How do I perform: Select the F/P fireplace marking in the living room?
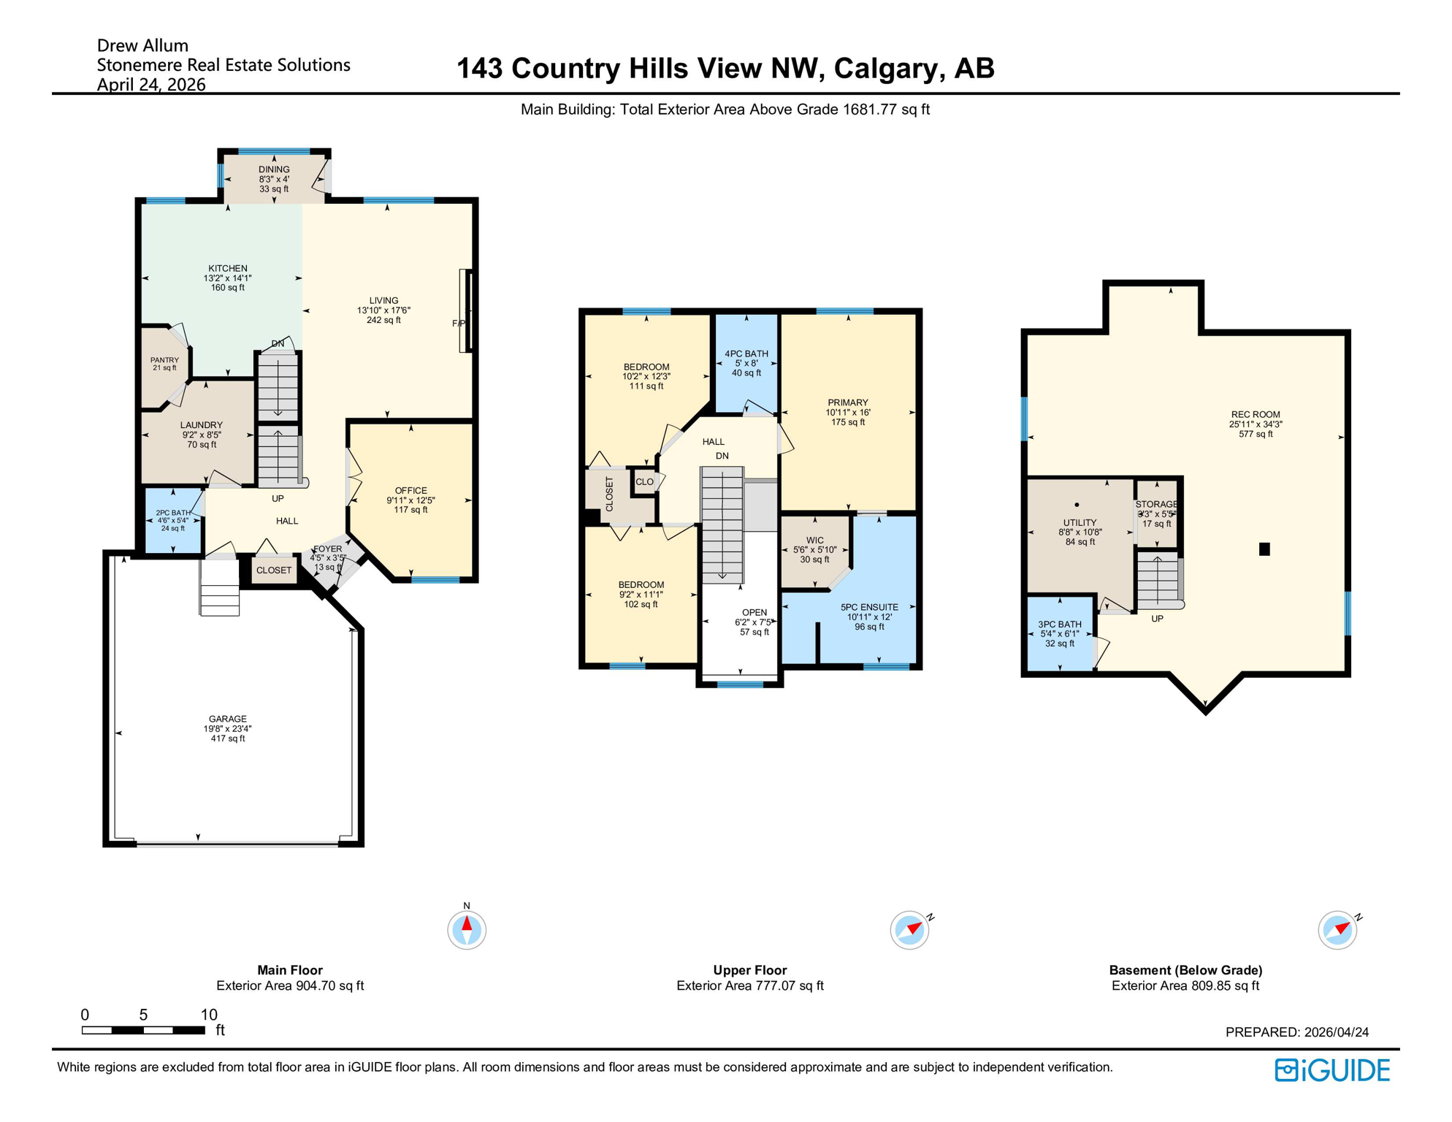pos(458,324)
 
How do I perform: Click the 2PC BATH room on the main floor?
pos(173,520)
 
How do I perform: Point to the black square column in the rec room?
pos(1264,549)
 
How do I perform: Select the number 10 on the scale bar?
pos(209,1014)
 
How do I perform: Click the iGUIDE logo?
pos(1331,1070)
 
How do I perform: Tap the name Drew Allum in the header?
pos(142,45)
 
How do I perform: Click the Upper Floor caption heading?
pos(749,970)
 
